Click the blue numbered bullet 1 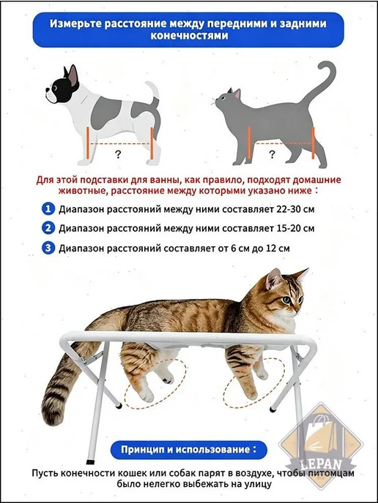48,210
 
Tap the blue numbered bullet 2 48,228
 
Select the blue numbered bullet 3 48,248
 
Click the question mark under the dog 118,155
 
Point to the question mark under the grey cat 272,154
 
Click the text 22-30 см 295,210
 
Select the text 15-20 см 295,228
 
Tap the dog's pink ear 73,75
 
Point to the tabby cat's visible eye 286,300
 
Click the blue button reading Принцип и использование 189,450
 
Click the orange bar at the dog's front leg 87,143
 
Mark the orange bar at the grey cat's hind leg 313,143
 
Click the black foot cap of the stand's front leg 91,462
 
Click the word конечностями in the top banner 189,35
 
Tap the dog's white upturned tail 153,89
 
